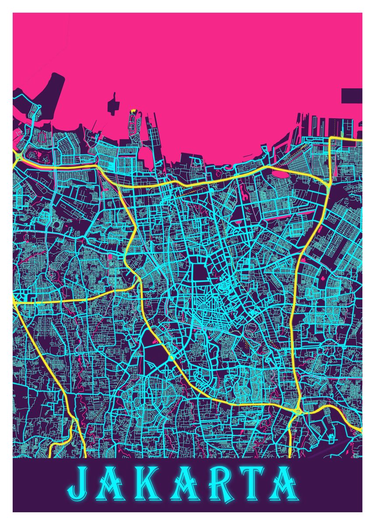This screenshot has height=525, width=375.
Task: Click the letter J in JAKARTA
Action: click(x=80, y=485)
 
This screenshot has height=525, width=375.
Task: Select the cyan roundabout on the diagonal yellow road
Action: click(x=172, y=357)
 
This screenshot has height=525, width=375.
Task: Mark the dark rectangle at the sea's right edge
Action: click(x=351, y=95)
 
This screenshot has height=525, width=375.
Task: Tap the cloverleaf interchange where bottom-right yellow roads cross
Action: click(x=298, y=410)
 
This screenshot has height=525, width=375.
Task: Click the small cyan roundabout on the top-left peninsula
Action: click(x=39, y=106)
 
